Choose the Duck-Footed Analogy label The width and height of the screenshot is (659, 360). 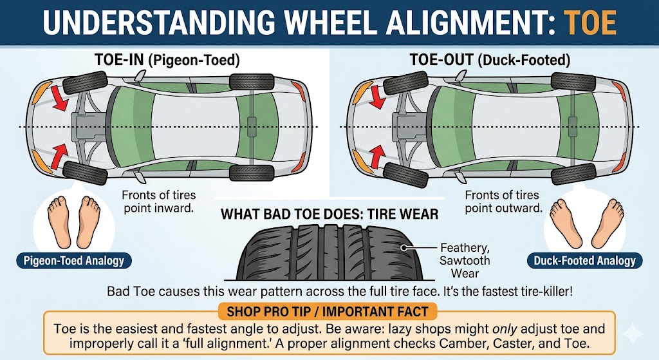(584, 260)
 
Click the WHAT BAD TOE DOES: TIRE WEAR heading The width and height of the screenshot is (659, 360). (329, 214)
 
